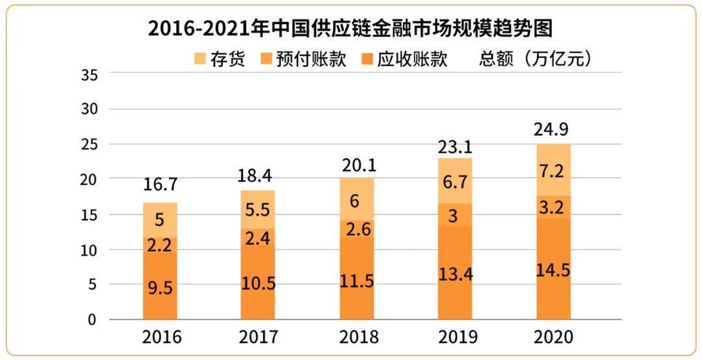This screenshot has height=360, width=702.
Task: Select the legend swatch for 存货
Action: (200, 59)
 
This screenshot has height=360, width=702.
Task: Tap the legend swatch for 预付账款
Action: (266, 59)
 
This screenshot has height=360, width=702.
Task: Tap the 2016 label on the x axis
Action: (161, 338)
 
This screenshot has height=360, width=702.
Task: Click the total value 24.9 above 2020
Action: (553, 129)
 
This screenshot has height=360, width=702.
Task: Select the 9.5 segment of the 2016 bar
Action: (161, 287)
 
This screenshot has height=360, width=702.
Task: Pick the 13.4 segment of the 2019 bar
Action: (455, 274)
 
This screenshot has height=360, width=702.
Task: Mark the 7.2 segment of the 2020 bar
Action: (553, 170)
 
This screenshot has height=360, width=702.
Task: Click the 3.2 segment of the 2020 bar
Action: (553, 207)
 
